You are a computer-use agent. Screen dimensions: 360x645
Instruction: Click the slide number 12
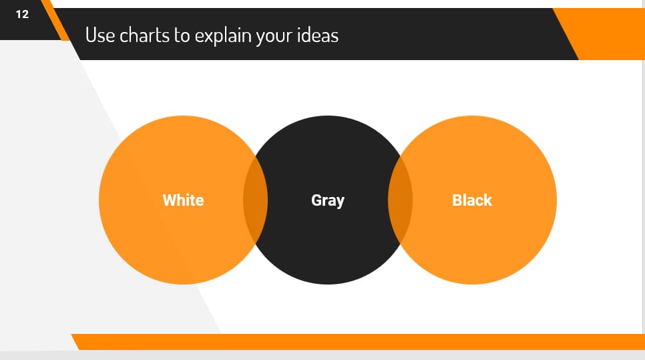coord(22,14)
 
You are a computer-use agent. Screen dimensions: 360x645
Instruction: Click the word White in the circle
coord(183,200)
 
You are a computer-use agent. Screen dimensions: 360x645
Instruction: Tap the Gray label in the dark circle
coord(327,200)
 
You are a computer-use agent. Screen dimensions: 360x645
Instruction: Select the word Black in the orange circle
coord(472,200)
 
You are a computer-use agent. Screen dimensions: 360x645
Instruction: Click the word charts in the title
coord(145,35)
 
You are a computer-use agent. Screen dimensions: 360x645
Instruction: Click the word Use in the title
coord(100,35)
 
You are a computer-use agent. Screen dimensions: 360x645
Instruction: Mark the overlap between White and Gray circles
coord(255,200)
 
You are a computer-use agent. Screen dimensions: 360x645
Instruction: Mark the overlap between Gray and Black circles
coord(400,200)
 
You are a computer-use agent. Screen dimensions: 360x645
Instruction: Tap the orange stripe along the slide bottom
coord(361,341)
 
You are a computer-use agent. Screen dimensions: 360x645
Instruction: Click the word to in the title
coord(182,35)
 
